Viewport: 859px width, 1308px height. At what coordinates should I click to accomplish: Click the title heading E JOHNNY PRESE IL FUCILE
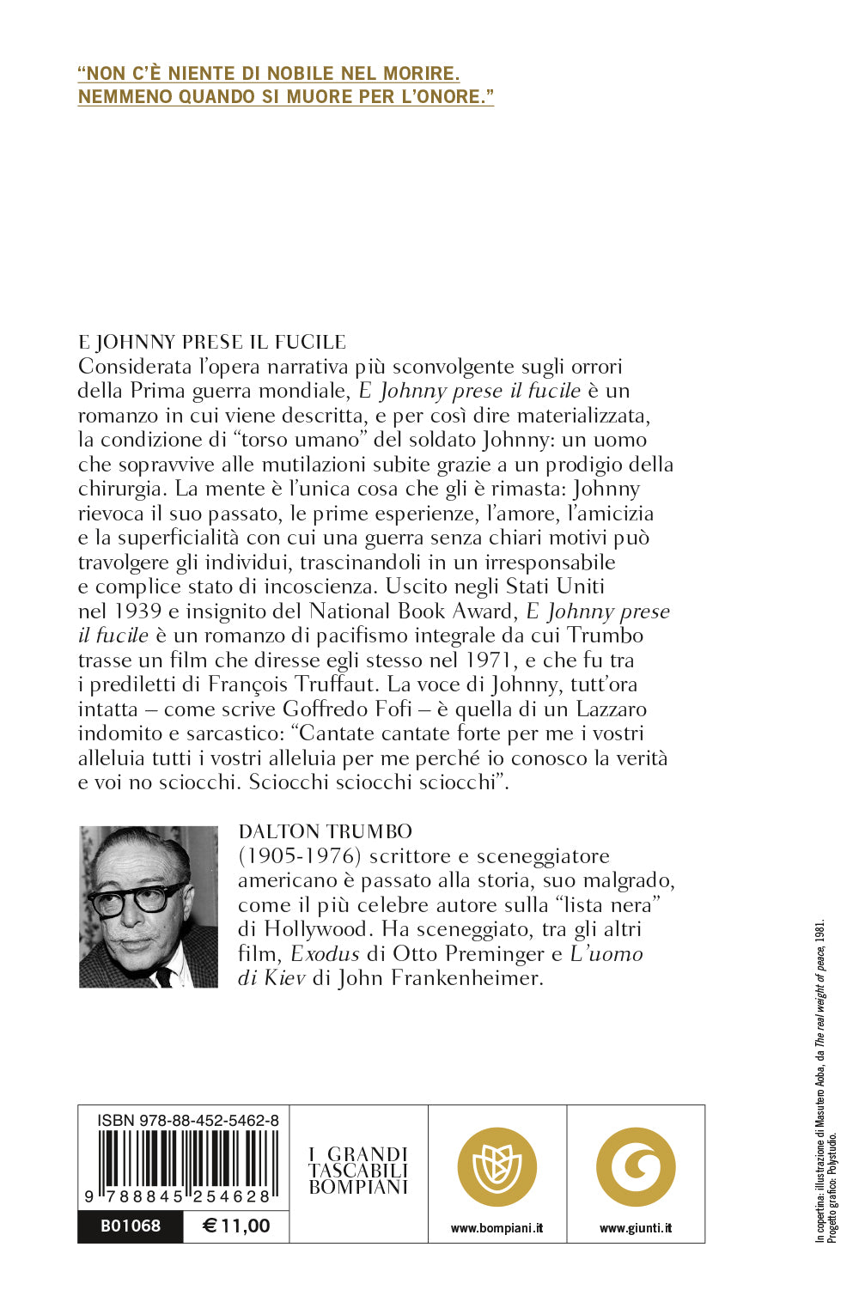click(x=212, y=342)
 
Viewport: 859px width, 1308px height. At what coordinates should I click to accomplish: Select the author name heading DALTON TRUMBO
click(x=326, y=831)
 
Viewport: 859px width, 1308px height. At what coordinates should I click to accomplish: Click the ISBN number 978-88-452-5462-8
click(x=188, y=1120)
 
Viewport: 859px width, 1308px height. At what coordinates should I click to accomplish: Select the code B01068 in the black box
click(x=131, y=1226)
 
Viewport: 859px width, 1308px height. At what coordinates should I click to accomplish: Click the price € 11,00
click(x=236, y=1226)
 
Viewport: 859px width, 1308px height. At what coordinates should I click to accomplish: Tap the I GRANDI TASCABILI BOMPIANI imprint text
click(x=358, y=1170)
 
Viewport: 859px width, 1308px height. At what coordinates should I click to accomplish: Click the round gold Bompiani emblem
click(x=497, y=1167)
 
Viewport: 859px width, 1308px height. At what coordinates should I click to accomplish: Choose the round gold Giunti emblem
click(x=636, y=1167)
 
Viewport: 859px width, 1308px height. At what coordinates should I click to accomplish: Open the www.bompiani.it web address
click(x=497, y=1228)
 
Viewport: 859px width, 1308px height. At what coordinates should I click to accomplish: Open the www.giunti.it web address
click(x=636, y=1228)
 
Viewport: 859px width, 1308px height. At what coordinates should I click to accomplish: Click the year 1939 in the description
click(x=137, y=611)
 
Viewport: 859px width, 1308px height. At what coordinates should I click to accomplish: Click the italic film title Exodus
click(x=325, y=953)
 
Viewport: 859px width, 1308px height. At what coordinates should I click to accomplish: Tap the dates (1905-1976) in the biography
click(x=295, y=856)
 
